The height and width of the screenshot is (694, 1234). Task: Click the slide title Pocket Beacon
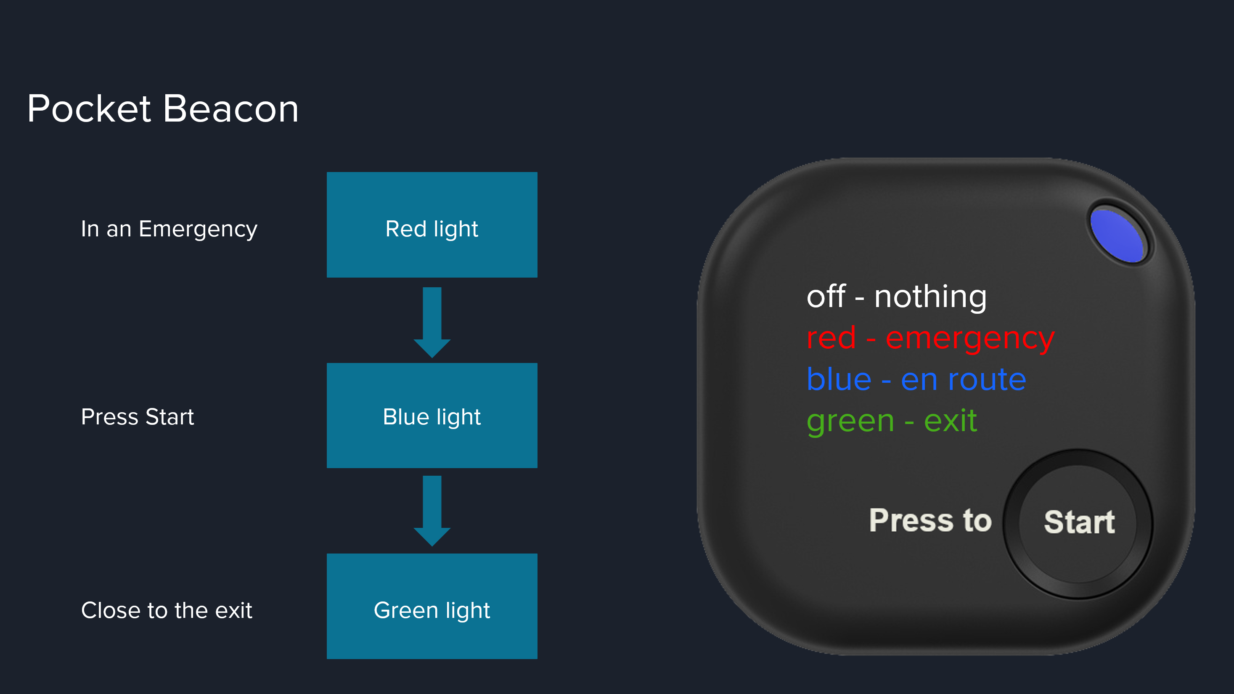coord(163,109)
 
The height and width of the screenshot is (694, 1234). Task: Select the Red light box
coord(432,225)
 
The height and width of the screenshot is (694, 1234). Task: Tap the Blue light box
coord(432,415)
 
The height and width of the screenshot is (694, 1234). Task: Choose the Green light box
coord(432,606)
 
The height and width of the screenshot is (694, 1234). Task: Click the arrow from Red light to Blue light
coord(432,322)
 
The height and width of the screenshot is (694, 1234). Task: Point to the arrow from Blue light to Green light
coord(432,511)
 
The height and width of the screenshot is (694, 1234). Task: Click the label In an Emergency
coord(169,229)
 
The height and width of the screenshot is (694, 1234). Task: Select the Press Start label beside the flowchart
coord(138,417)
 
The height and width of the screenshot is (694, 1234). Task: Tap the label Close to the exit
coord(166,610)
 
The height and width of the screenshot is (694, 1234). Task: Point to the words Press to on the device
coord(930,520)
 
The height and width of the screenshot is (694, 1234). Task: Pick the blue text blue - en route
coord(916,379)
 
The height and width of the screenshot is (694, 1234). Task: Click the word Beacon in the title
coord(231,109)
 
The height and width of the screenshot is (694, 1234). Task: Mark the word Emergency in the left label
coord(198,229)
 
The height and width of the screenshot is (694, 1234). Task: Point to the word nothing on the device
coord(930,297)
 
